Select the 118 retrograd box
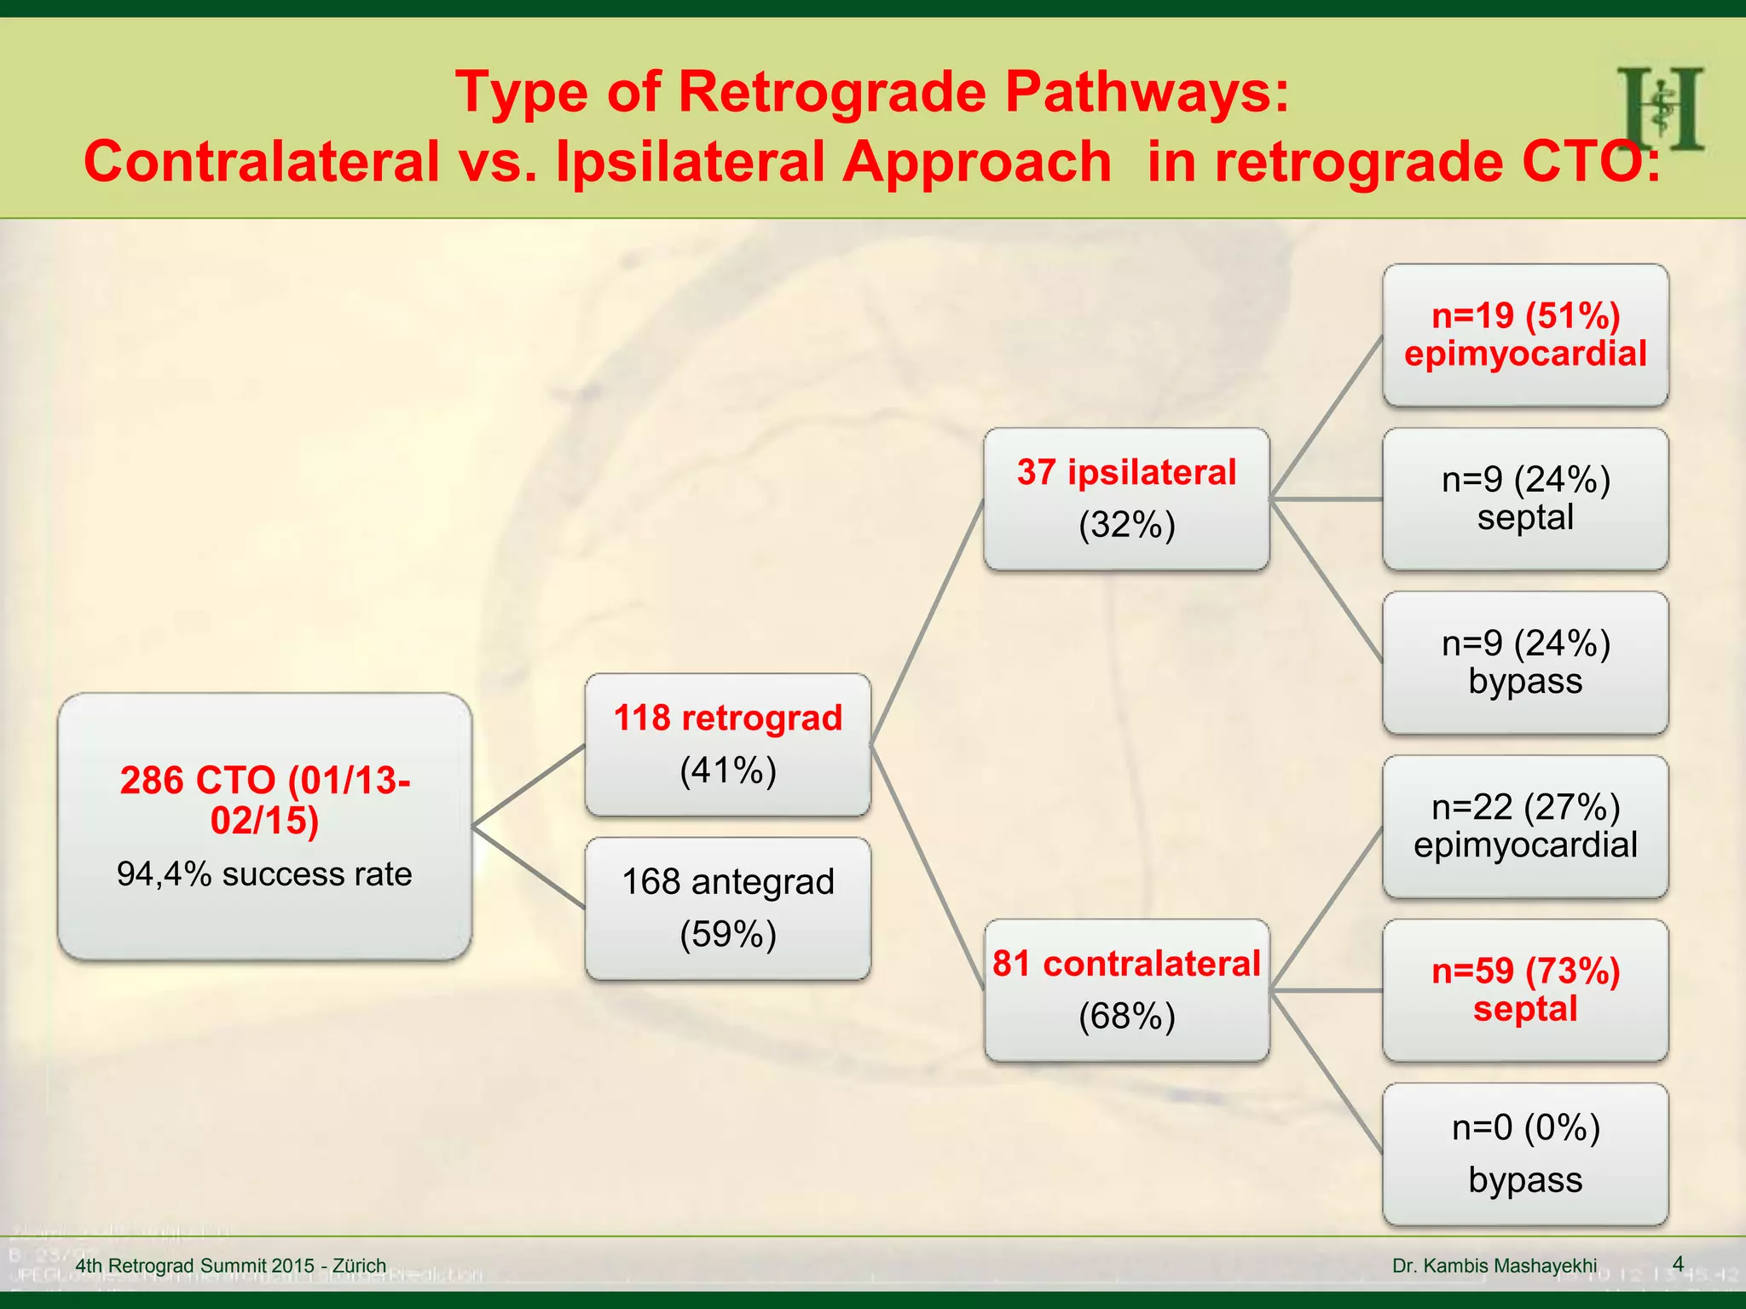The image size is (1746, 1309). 727,744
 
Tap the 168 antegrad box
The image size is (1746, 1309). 727,908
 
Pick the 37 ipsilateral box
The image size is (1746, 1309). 1126,499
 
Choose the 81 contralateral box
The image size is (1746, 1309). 1126,989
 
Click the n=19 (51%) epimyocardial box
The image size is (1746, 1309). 1524,335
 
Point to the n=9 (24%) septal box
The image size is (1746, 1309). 1524,499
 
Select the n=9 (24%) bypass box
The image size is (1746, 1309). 1524,662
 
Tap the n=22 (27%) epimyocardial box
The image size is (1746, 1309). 1524,826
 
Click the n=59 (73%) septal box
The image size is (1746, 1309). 1524,989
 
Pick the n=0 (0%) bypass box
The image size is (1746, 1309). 1524,1154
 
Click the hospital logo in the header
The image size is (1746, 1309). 1660,108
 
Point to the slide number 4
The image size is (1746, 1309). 1678,1264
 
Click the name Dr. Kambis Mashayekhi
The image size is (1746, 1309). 1495,1266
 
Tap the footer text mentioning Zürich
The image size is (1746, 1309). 230,1266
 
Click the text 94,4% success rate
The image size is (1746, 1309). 264,874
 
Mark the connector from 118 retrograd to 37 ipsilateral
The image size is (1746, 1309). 927,621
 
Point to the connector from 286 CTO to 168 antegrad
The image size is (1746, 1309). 529,867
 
